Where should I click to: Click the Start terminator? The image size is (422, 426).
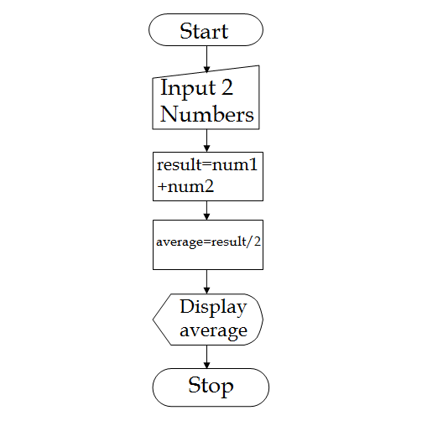click(x=206, y=31)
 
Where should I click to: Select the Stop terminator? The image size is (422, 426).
click(x=211, y=387)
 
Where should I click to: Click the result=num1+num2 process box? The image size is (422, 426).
click(x=207, y=176)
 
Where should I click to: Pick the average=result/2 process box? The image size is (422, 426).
click(x=207, y=244)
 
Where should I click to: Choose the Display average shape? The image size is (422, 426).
click(x=209, y=319)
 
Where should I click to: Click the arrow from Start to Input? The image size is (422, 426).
click(x=206, y=56)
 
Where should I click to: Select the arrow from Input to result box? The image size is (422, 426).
click(x=206, y=140)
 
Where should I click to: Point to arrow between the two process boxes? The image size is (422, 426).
click(x=206, y=210)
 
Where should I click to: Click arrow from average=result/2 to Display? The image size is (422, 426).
click(x=206, y=282)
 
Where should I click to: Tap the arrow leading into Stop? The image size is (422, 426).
click(x=206, y=356)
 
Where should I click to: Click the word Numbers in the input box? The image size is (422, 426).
click(x=207, y=115)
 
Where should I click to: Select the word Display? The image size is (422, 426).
click(x=213, y=308)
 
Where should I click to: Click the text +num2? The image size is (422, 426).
click(x=185, y=187)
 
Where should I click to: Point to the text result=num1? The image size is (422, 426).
click(x=206, y=165)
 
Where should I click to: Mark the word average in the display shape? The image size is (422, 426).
click(x=213, y=331)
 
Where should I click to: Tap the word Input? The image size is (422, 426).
click(x=186, y=88)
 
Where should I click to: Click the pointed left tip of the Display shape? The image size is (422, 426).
click(x=154, y=319)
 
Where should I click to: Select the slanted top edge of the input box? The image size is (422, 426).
click(x=206, y=72)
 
